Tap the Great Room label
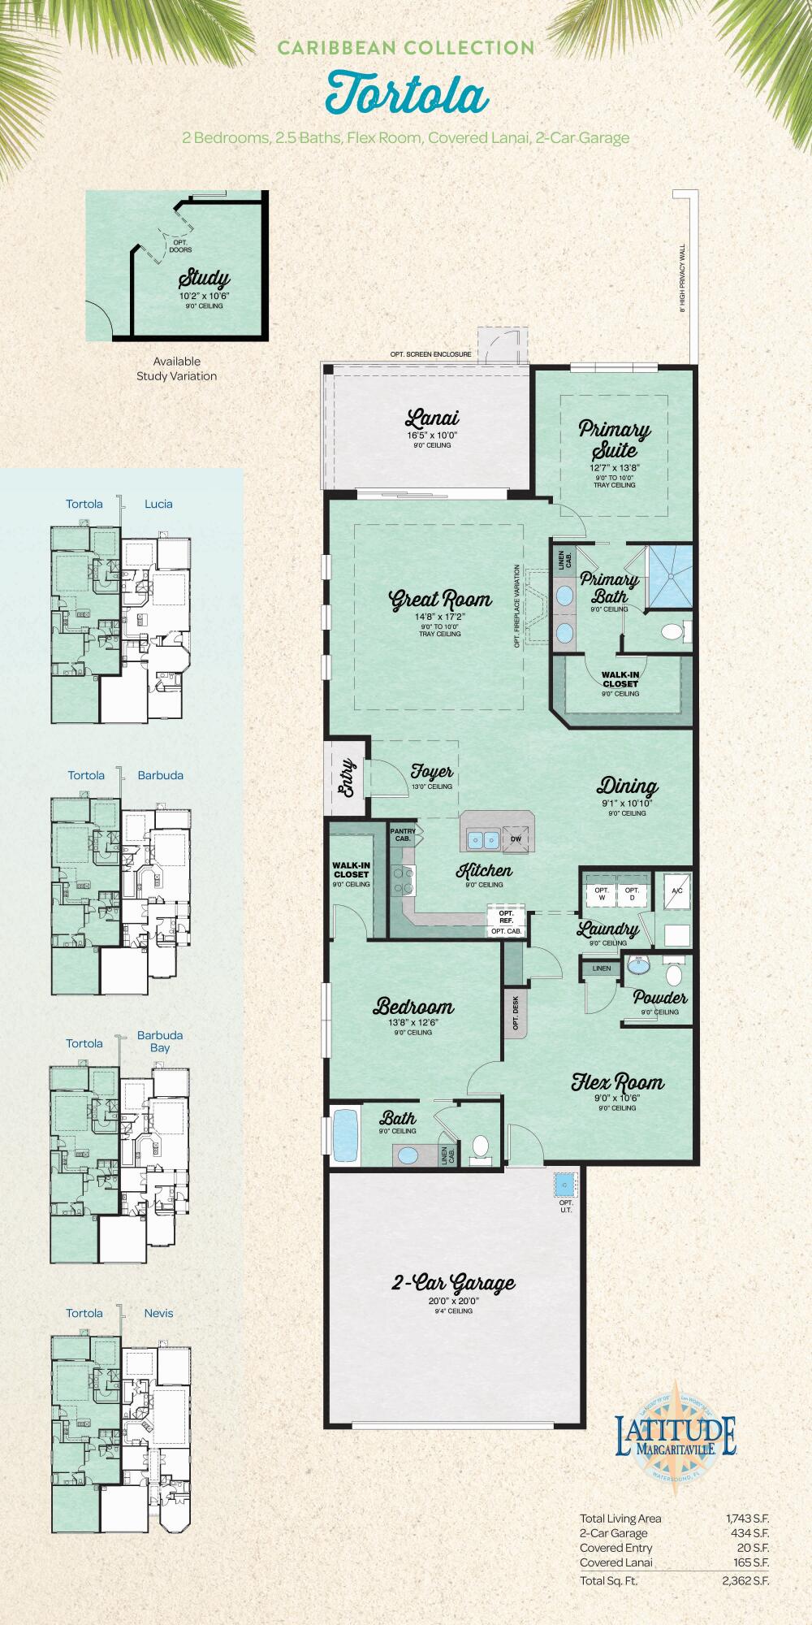click(441, 600)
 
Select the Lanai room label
click(432, 418)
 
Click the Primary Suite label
click(615, 439)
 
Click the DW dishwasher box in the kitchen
click(516, 840)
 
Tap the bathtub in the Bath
click(346, 1135)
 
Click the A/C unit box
click(676, 892)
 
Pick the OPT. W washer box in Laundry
click(602, 894)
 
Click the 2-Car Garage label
click(453, 1284)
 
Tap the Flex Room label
click(617, 1082)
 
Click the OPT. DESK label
click(516, 1013)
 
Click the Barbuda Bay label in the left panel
click(160, 1041)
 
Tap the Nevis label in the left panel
click(158, 1313)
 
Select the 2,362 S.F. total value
click(745, 1580)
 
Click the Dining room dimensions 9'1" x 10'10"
click(627, 803)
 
